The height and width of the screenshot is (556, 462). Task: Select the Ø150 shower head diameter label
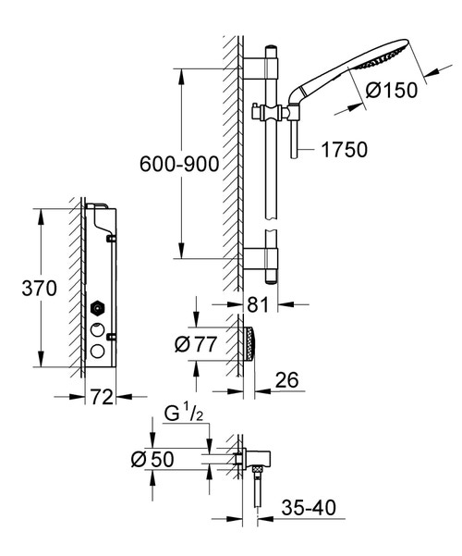[393, 91]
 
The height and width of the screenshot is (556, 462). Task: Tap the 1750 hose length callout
[345, 148]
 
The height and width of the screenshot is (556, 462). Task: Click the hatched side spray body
[251, 344]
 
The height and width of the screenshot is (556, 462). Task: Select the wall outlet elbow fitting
[244, 459]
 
